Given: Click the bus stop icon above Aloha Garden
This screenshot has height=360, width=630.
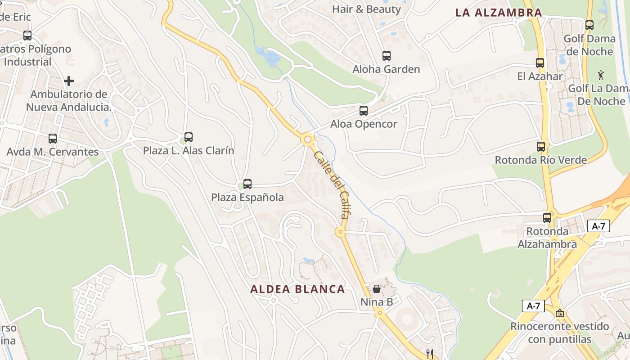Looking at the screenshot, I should click(x=386, y=56).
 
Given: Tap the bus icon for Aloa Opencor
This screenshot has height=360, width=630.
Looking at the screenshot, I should click(x=363, y=111).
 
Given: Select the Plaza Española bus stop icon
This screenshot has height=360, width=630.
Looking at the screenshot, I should click(x=247, y=184).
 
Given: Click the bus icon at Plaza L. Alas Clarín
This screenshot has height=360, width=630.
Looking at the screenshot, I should click(x=189, y=137).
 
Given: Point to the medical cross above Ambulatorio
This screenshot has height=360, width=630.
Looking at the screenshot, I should click(x=69, y=81).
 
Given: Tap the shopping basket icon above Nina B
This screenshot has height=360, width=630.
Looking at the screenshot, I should click(x=377, y=289).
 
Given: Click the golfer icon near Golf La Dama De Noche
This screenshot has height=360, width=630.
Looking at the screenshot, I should click(x=601, y=75).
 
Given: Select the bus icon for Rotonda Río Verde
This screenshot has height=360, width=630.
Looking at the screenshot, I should click(x=540, y=147).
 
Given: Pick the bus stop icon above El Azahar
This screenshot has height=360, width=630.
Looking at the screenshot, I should click(x=540, y=63).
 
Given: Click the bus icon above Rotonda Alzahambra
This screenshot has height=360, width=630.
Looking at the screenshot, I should click(x=547, y=218).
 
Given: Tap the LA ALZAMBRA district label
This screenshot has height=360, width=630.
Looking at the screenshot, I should click(x=499, y=13).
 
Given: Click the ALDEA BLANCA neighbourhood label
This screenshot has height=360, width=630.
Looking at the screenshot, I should click(x=297, y=289).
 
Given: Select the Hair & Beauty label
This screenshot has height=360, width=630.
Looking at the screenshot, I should click(x=366, y=9).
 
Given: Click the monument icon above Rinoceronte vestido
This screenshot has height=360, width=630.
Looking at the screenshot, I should click(x=559, y=313).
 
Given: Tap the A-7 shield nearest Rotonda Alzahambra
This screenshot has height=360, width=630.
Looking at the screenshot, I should click(x=598, y=226).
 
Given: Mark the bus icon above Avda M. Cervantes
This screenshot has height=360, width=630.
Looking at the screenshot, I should click(x=53, y=139).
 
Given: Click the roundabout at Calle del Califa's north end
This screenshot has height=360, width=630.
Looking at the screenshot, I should click(x=308, y=139).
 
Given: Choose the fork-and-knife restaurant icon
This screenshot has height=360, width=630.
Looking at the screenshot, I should click(x=430, y=354).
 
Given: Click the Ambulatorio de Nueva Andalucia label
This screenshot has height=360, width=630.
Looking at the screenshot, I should click(x=68, y=101).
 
